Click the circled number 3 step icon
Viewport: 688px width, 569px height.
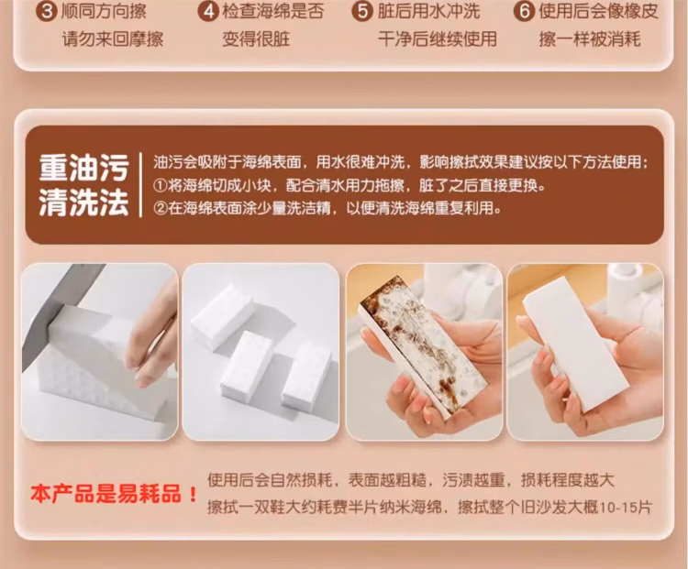point(47,11)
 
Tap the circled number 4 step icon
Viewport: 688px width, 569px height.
point(208,11)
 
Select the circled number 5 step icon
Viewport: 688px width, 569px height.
point(362,11)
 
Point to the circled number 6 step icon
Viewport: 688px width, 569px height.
point(525,11)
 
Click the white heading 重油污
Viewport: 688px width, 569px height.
point(83,168)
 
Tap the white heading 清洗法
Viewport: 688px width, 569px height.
point(83,202)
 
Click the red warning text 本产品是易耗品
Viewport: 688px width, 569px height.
point(105,494)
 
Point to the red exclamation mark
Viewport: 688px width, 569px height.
point(193,495)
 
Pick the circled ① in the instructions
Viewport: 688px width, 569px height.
point(161,186)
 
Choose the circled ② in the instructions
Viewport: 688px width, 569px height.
point(161,208)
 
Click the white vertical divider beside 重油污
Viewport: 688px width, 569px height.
point(140,184)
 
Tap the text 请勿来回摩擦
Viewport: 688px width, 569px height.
point(113,39)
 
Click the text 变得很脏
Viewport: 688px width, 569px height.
point(256,39)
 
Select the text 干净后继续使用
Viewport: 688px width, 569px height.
point(438,39)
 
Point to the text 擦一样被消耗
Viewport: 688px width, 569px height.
point(590,39)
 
